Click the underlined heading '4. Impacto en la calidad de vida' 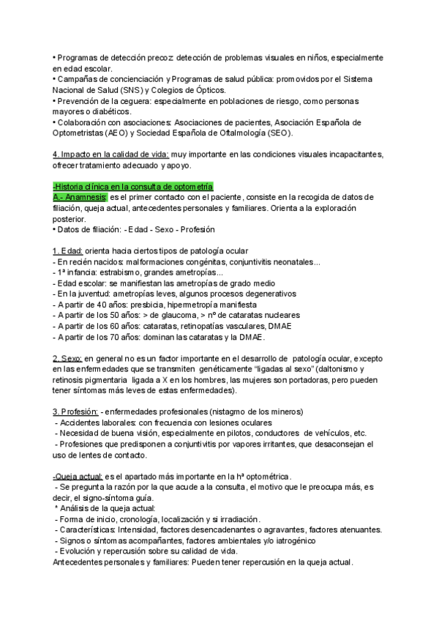110,155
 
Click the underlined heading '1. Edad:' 67,252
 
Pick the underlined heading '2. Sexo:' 67,360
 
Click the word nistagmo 237,412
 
